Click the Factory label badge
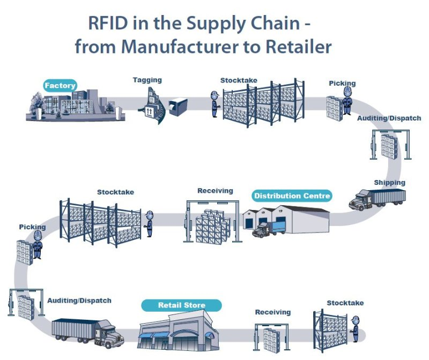coord(60,85)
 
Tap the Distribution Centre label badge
coord(292,196)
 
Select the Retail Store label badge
coord(181,305)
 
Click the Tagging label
coord(147,80)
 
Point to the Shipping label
coord(389,182)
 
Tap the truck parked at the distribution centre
coord(269,229)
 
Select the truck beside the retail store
coord(87,332)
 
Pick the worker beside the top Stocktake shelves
coord(214,103)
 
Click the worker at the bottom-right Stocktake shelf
coord(354,328)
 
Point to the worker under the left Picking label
coord(38,249)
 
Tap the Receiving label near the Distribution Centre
coord(215,190)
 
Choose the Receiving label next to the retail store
coord(272,312)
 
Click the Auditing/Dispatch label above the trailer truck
coord(79,301)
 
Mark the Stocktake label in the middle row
coord(115,191)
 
